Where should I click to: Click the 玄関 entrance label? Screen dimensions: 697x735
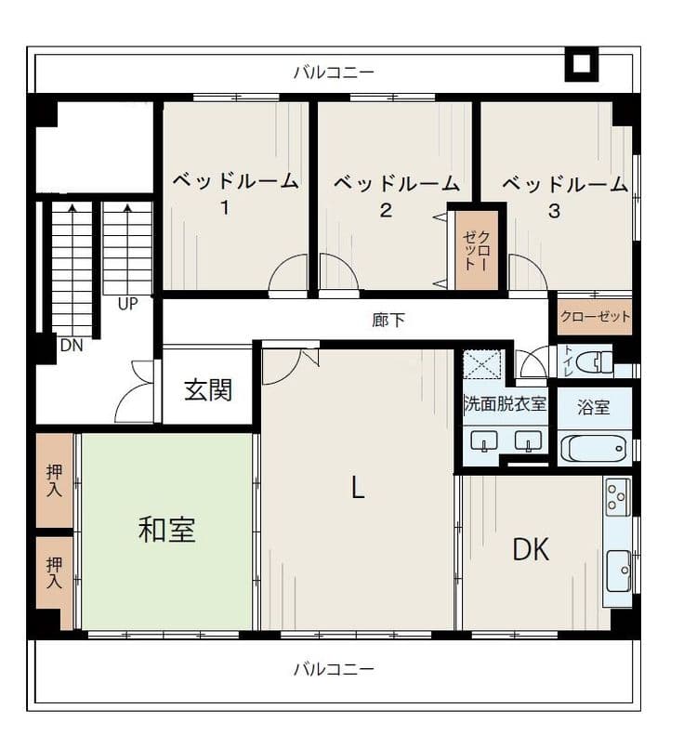[208, 390]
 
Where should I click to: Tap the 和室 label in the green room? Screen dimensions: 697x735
[167, 530]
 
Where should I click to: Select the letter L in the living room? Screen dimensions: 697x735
[358, 487]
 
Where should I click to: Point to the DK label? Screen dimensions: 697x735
[531, 549]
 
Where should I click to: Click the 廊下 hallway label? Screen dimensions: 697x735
[388, 321]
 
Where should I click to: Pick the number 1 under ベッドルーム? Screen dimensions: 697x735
[226, 206]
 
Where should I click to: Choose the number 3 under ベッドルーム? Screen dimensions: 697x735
[554, 211]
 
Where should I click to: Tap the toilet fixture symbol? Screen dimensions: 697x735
[594, 362]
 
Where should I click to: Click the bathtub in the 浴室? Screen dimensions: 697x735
[594, 450]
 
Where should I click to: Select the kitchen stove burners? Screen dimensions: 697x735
[617, 497]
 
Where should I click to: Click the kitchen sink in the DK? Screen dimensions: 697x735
[618, 571]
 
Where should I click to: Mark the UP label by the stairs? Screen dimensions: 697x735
[127, 304]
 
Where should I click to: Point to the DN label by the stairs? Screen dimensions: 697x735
[72, 346]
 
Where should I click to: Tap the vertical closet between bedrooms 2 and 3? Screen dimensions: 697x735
[477, 250]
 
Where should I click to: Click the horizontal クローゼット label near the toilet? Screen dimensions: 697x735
[595, 317]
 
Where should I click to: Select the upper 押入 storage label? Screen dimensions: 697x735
[54, 480]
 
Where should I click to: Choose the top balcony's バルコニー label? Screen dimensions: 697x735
[334, 72]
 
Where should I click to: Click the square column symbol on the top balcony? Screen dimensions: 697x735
[581, 64]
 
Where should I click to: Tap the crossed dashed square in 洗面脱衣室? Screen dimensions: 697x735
[482, 363]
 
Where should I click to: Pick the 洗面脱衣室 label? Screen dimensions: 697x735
[505, 403]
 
